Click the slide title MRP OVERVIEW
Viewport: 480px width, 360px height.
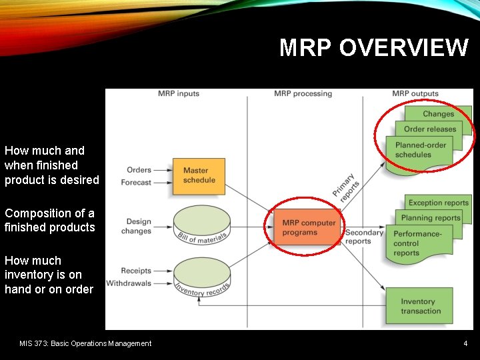pos(373,48)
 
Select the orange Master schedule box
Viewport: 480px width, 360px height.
pos(199,176)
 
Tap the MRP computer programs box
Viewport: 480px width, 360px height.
pos(308,227)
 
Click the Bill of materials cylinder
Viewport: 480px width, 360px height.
pos(201,225)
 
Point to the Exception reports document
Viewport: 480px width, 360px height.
pos(438,203)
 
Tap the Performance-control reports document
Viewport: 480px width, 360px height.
pos(417,243)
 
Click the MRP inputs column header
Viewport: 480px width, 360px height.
pos(179,94)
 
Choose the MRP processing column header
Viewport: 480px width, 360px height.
pos(303,94)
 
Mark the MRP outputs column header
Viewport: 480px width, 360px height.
pos(415,94)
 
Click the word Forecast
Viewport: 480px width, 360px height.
pos(136,183)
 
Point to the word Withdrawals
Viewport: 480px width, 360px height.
pos(129,283)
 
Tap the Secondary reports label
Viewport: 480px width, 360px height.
pos(363,237)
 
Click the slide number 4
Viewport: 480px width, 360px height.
pos(465,344)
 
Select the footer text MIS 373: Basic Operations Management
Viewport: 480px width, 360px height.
pos(85,344)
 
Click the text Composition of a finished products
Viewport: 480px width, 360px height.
pos(50,221)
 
